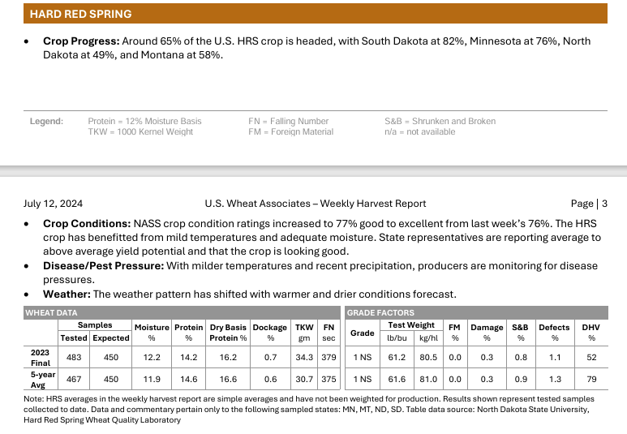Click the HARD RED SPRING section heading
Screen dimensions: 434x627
coord(80,14)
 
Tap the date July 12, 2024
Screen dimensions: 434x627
coord(53,204)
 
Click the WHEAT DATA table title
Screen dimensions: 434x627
coord(51,312)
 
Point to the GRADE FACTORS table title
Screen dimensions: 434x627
coord(380,312)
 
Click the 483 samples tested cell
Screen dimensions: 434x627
coord(74,356)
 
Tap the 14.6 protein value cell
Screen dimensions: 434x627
coord(188,379)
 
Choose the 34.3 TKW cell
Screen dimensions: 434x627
coord(304,356)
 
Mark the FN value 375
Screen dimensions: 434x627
coord(329,379)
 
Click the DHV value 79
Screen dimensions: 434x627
coord(591,379)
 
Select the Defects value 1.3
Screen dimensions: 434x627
coord(555,379)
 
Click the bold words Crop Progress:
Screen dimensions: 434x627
coord(81,41)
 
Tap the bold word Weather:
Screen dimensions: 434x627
coord(67,294)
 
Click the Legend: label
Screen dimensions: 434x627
coord(46,122)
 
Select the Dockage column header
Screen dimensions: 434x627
coord(270,327)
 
